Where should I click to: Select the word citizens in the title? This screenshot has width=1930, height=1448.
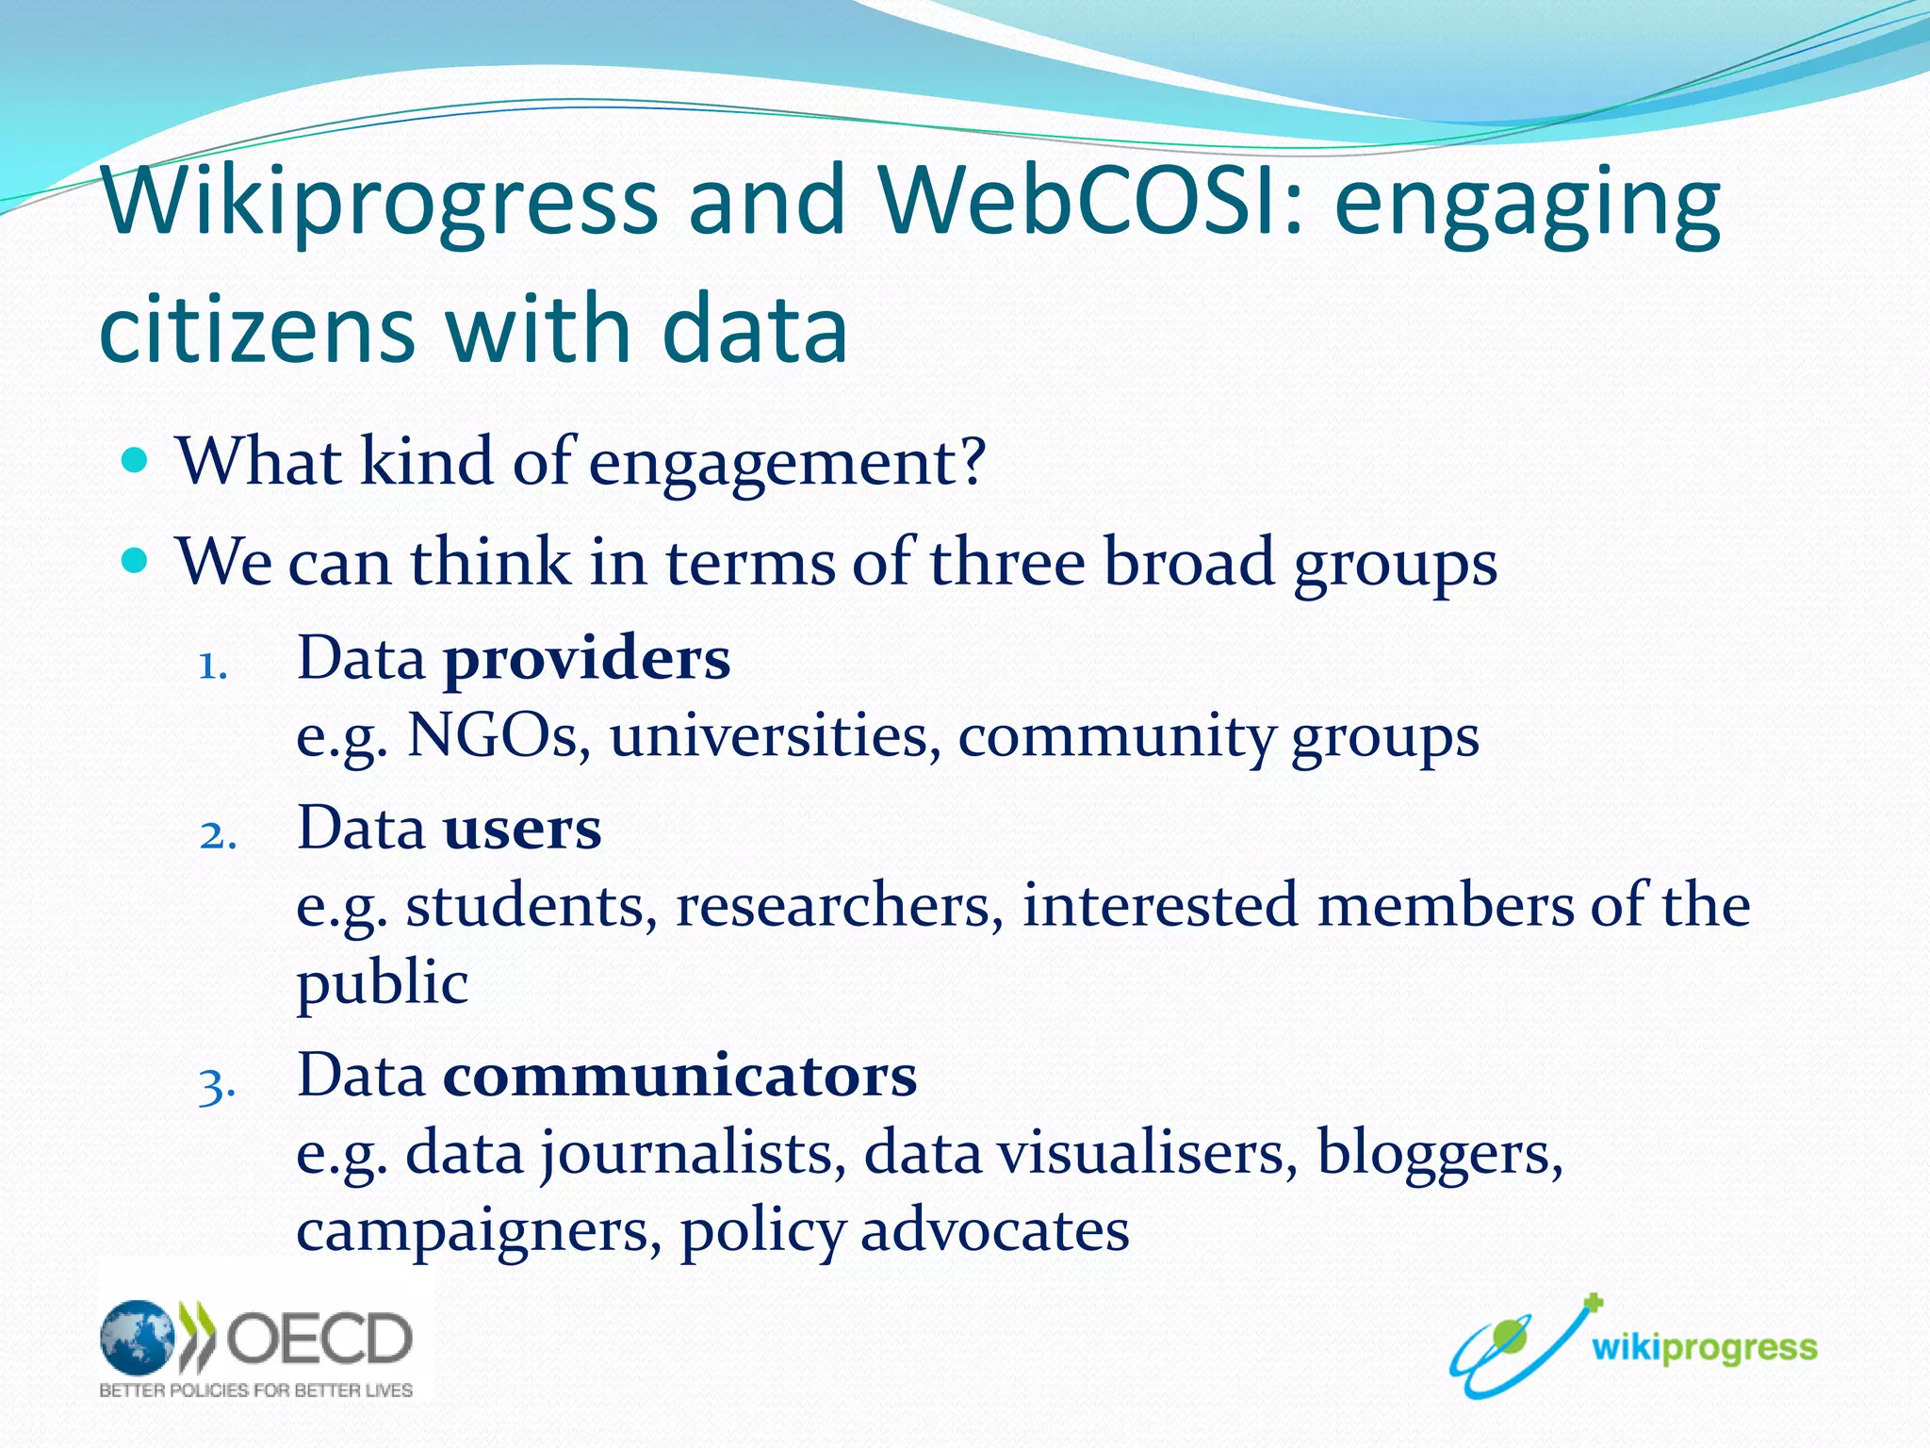coord(256,329)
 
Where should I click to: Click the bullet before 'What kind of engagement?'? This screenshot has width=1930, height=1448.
coord(136,462)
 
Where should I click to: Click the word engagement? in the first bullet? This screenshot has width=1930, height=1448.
coord(787,464)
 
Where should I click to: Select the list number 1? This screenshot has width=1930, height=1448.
coord(213,667)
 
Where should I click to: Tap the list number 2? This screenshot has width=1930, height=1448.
coord(218,836)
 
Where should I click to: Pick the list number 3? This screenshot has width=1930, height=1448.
coord(217,1086)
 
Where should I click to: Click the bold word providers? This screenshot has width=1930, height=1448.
coord(586,659)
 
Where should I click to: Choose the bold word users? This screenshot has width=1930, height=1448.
coord(521,830)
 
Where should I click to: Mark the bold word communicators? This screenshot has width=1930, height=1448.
coord(679,1076)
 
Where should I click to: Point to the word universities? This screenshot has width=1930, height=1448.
coord(775,735)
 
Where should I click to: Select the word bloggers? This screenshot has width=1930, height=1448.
coord(1438,1154)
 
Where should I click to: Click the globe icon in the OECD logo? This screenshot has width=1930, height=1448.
coord(138,1337)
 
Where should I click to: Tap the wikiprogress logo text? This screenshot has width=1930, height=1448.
coord(1704,1348)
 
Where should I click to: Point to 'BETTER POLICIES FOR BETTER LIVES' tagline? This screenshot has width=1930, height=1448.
coord(256,1390)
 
